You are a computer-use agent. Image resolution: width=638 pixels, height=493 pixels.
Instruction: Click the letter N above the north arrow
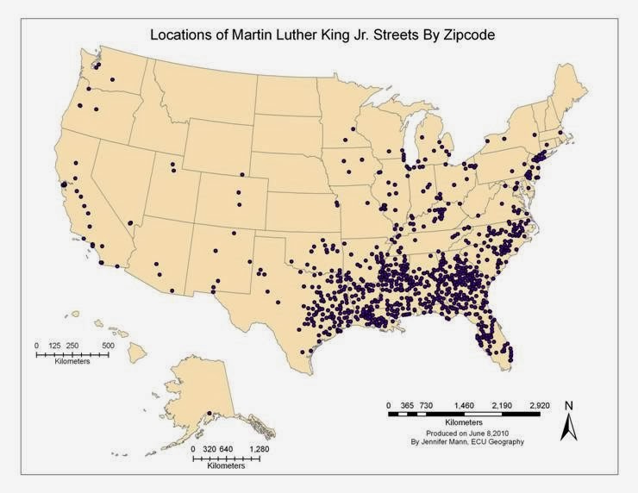click(x=568, y=405)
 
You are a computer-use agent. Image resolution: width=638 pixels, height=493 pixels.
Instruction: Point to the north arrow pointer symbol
click(x=568, y=427)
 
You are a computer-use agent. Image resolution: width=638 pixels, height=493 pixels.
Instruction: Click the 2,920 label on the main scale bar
click(x=539, y=404)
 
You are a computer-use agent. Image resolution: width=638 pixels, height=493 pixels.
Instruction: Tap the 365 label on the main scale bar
click(x=408, y=404)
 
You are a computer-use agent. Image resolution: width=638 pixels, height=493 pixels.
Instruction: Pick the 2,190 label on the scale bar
click(x=501, y=404)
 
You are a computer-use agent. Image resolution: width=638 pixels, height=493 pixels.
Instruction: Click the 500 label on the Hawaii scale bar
click(x=109, y=346)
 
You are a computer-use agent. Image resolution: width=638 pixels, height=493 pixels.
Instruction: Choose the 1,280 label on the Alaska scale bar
click(x=259, y=449)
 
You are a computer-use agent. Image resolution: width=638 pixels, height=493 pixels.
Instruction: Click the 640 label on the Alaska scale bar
click(x=225, y=449)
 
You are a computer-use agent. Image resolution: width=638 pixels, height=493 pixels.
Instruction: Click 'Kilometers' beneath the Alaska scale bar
click(x=226, y=466)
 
